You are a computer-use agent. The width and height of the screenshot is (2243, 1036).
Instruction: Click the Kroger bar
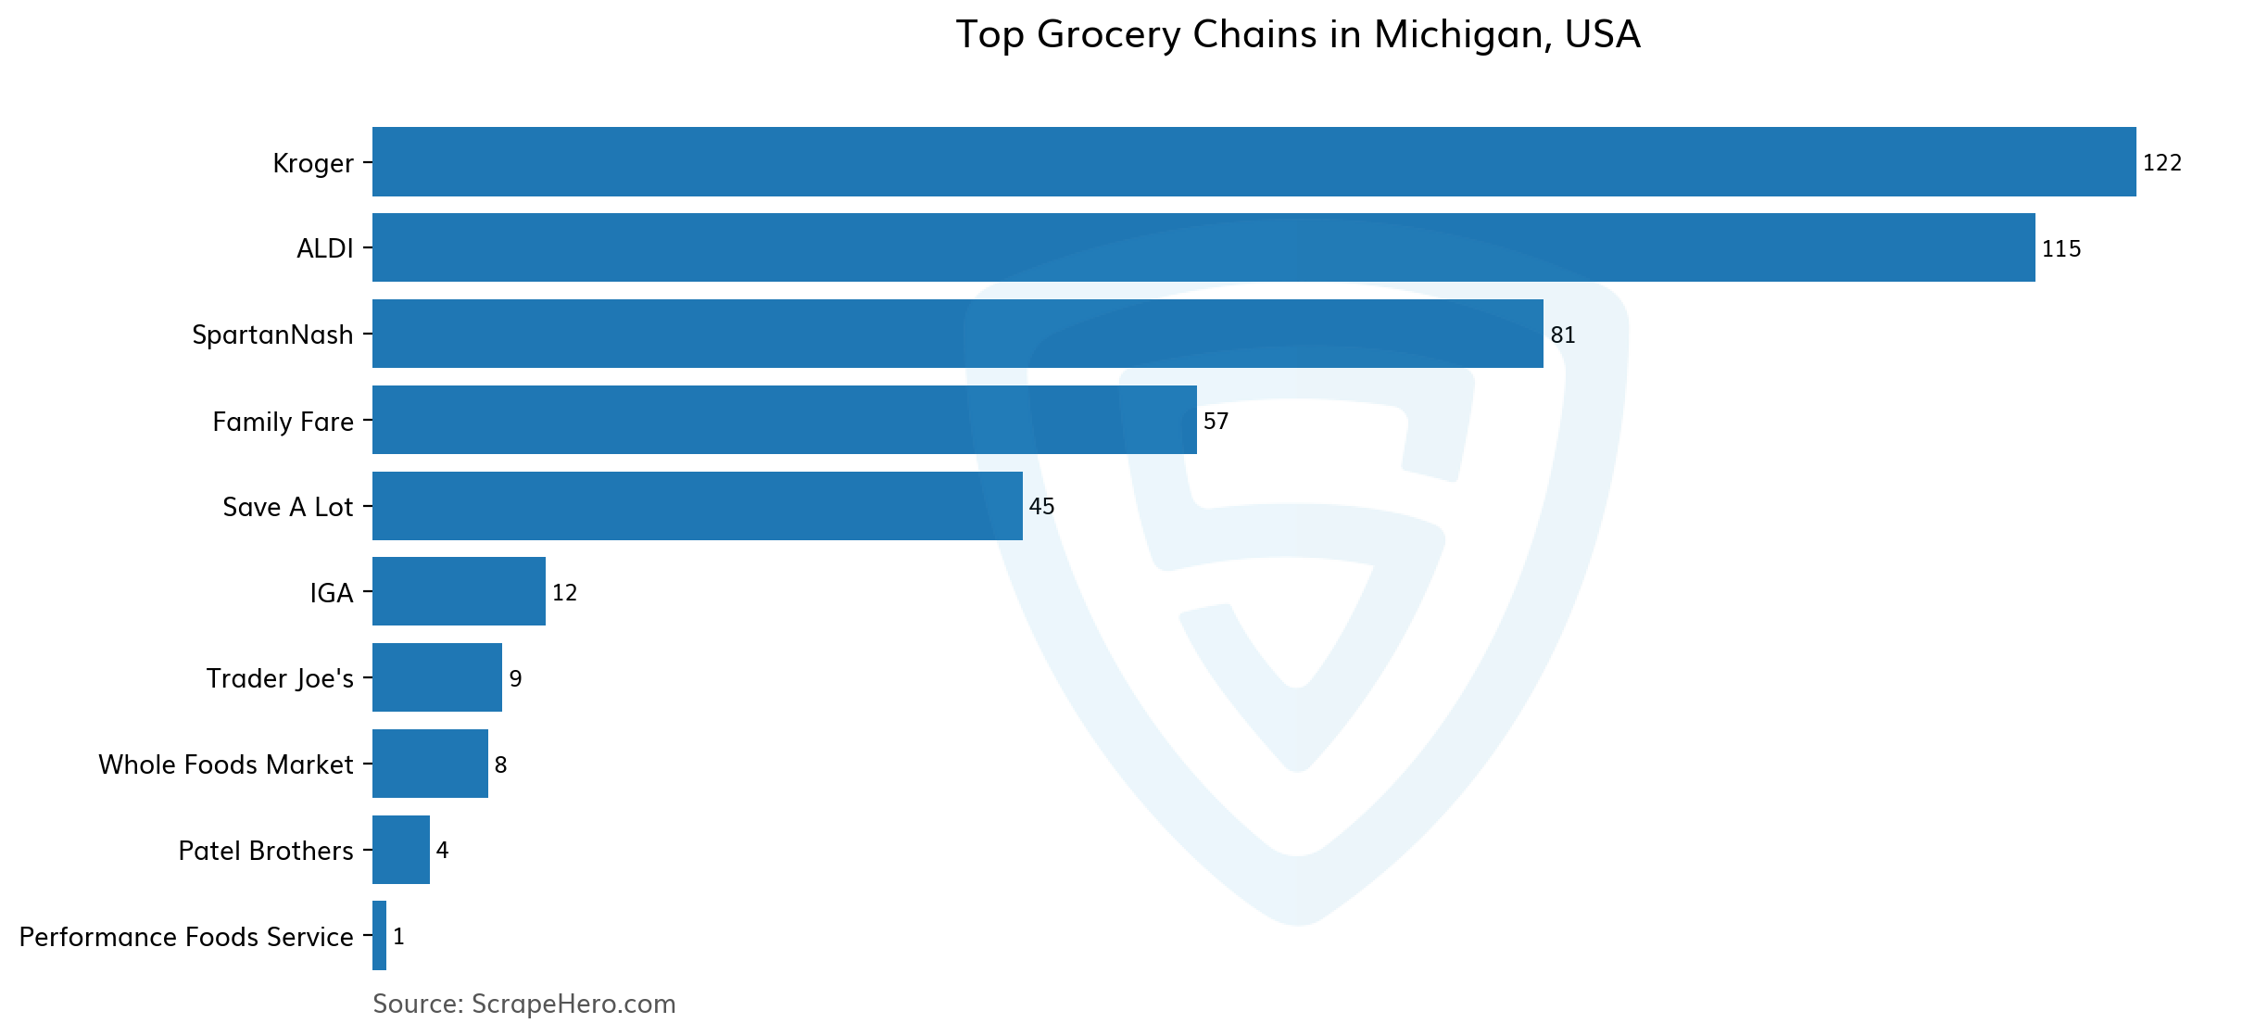(1254, 162)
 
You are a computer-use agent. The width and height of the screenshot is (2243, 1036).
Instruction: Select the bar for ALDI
(1203, 247)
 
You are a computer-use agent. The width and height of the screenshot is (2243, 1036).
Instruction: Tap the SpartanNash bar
(957, 334)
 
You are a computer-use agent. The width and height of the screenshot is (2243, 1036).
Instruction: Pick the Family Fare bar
(784, 420)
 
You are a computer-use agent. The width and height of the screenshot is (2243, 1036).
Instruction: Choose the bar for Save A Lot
(697, 506)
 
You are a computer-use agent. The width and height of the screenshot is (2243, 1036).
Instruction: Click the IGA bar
(459, 591)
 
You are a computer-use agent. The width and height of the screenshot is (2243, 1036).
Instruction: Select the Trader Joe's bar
(436, 677)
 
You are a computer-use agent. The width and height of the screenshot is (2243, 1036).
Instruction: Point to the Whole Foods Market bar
(430, 764)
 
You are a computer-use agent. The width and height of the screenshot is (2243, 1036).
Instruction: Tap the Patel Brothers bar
(400, 850)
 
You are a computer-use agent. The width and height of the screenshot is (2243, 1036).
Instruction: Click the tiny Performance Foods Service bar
(379, 936)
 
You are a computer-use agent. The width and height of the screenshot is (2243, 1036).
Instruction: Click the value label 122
(2161, 163)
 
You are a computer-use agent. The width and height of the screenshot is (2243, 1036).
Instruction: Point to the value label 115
(2060, 249)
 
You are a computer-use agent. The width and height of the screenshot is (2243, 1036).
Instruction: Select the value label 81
(1562, 335)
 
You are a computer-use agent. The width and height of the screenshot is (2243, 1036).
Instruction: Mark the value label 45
(1041, 507)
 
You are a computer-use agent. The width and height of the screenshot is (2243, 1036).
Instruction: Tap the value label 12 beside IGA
(564, 593)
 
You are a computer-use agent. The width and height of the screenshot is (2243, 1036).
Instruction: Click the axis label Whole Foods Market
(225, 764)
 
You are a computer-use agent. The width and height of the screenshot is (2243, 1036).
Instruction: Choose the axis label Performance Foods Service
(185, 937)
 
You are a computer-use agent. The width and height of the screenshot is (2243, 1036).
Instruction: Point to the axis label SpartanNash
(272, 335)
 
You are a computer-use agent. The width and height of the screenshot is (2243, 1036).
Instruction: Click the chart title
(1297, 35)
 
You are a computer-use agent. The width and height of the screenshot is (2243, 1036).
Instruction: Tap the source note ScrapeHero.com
(523, 1004)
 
